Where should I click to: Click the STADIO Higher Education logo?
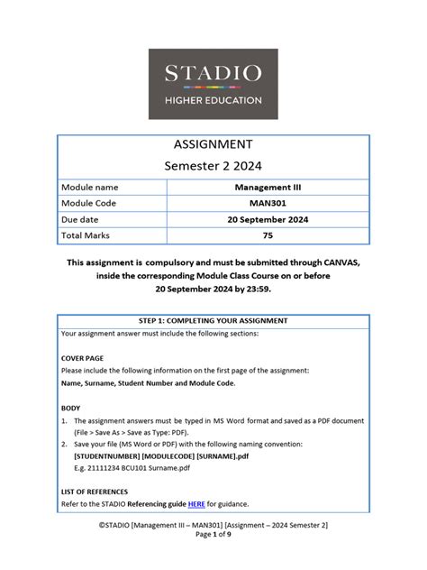pyautogui.click(x=213, y=84)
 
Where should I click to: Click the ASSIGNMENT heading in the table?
pyautogui.click(x=213, y=144)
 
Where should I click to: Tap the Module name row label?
pyautogui.click(x=89, y=188)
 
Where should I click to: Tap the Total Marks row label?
pyautogui.click(x=86, y=235)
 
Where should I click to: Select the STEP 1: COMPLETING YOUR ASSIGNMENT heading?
pyautogui.click(x=213, y=321)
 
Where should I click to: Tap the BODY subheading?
pyautogui.click(x=70, y=408)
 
